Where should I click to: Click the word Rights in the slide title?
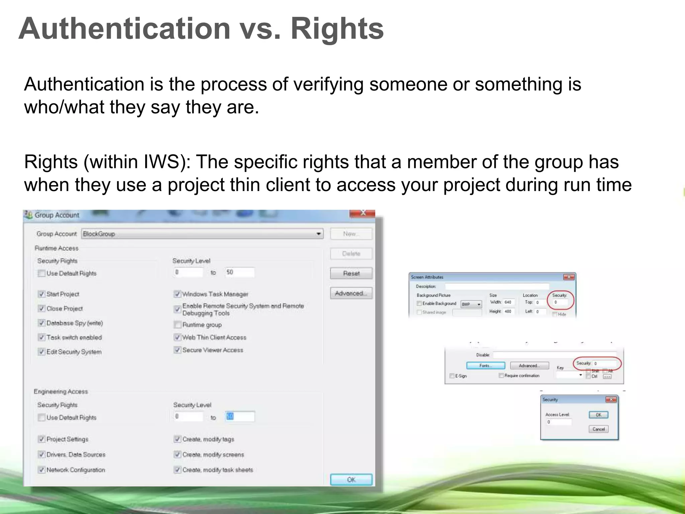(337, 29)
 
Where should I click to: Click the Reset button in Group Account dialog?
(351, 273)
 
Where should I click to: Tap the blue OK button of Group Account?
(351, 479)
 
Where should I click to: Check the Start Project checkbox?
(41, 294)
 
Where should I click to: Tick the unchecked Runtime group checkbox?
(178, 324)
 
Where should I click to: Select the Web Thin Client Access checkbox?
(178, 337)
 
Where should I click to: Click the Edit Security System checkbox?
(41, 351)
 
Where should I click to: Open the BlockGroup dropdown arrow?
(319, 234)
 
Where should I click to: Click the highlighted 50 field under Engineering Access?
(239, 416)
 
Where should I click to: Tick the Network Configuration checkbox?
(41, 469)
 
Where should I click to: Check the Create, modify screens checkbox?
(178, 454)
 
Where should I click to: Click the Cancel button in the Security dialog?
(598, 429)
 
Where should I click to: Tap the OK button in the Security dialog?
(598, 415)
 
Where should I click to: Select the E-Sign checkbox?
(452, 376)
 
